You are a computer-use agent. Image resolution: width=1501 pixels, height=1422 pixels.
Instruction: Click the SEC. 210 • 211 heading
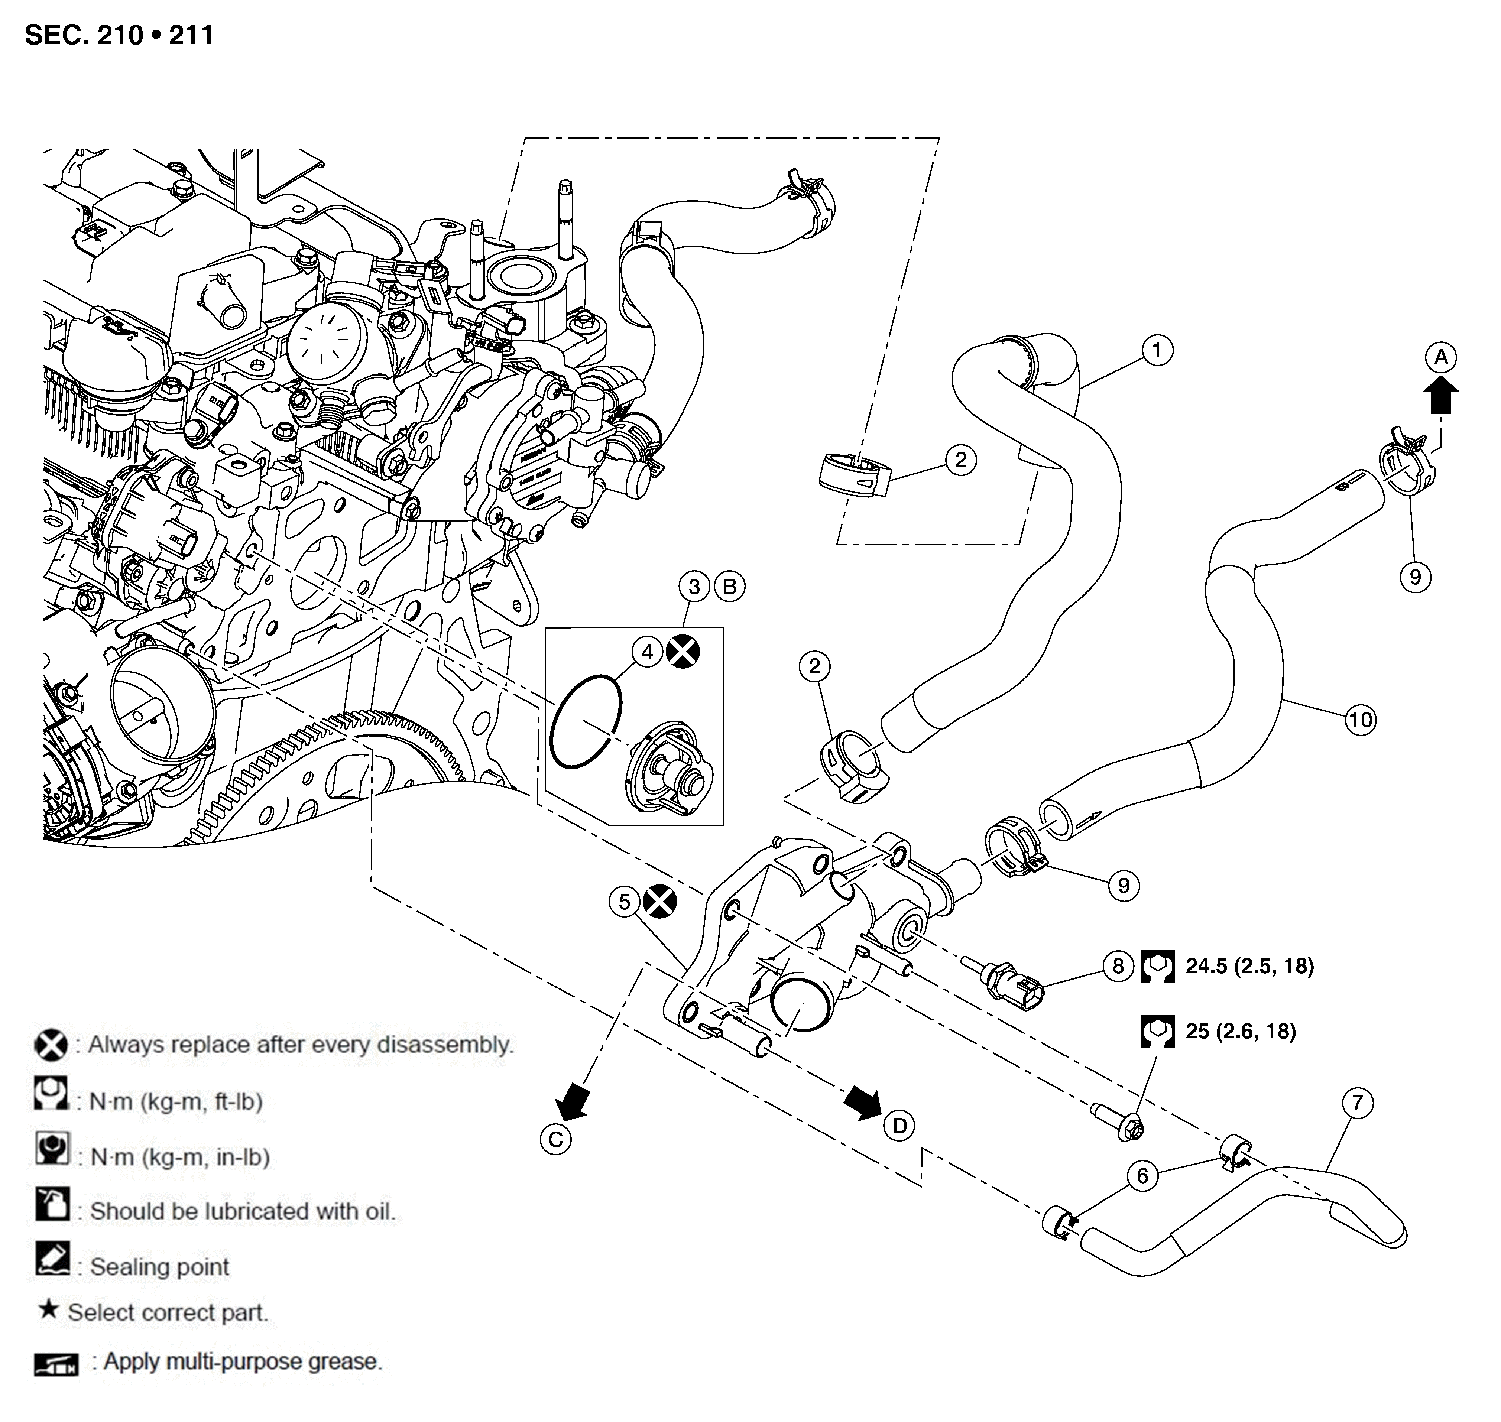[x=119, y=35]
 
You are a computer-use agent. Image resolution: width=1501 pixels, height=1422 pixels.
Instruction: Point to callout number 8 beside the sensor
[x=1118, y=966]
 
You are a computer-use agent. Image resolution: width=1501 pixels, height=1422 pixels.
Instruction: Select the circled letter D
[x=900, y=1126]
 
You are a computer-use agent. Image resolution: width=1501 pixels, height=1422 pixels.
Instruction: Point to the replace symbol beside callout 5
[x=659, y=902]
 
